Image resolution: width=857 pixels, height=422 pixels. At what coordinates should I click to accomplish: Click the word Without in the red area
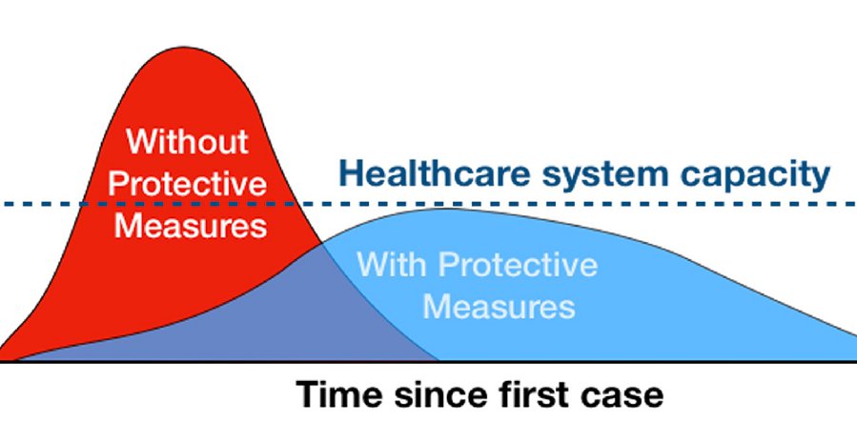(x=188, y=141)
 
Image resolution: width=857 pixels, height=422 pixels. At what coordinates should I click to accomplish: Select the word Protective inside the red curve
(x=188, y=184)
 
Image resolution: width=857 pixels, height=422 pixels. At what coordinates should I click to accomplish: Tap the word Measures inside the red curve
(x=191, y=225)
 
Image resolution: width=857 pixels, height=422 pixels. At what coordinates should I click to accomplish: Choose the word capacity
(x=755, y=176)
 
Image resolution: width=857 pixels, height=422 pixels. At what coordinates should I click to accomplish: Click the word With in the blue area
(x=392, y=264)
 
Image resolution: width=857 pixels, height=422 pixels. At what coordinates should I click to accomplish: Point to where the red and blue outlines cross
(x=321, y=244)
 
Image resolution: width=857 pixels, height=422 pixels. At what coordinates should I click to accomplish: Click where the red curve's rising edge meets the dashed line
(x=83, y=204)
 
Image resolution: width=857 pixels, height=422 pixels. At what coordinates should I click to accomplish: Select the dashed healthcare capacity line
(x=429, y=204)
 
